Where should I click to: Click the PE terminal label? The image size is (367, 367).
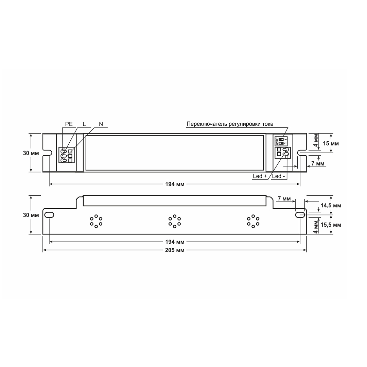click(x=69, y=124)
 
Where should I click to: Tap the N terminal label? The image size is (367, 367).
click(x=101, y=124)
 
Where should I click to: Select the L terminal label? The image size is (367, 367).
click(x=84, y=124)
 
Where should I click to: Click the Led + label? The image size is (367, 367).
click(x=260, y=176)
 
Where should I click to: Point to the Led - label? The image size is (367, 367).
click(x=278, y=176)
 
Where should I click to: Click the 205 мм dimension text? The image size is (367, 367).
click(x=175, y=250)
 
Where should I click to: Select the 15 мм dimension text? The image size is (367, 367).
click(x=331, y=143)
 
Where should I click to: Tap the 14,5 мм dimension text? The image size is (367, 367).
click(x=331, y=206)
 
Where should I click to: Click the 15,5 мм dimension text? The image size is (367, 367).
click(x=331, y=225)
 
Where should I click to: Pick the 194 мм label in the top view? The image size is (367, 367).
click(x=175, y=184)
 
